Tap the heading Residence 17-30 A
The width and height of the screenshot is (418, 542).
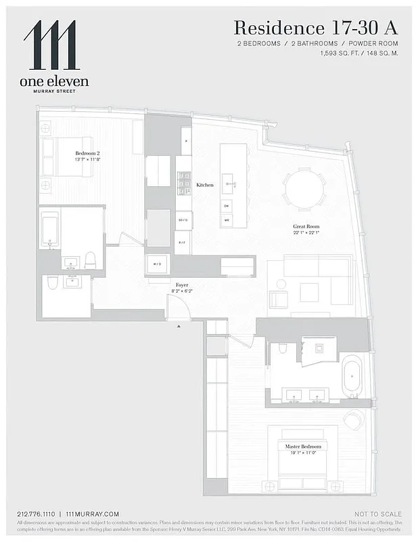[x=315, y=28]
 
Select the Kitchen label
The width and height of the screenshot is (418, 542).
[x=205, y=185]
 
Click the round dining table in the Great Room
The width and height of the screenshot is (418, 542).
[x=304, y=189]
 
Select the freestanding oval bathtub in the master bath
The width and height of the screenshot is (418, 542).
[x=352, y=376]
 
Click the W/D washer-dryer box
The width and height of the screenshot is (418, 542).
[x=158, y=264]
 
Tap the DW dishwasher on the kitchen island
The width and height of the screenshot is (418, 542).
[x=227, y=205]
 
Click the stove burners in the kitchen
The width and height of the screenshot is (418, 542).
[x=183, y=183]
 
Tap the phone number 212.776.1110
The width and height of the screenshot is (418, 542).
[x=38, y=514]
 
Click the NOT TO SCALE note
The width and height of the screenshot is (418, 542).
[x=378, y=514]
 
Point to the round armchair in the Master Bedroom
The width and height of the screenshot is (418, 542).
[x=354, y=420]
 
